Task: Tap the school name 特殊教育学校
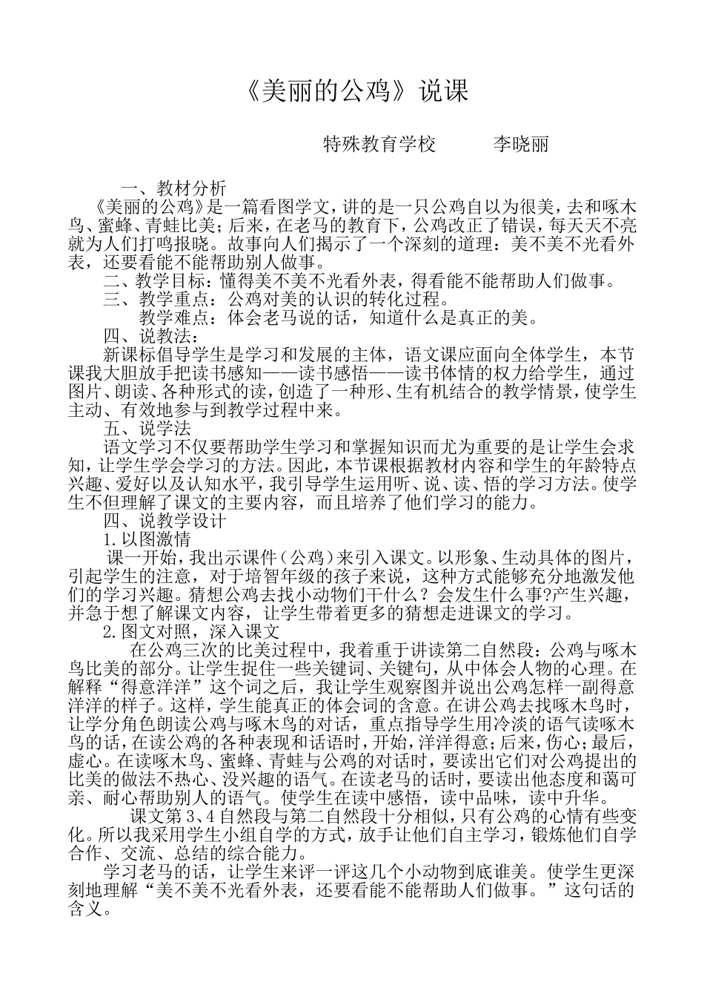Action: pos(379,144)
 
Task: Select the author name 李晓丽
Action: pos(521,144)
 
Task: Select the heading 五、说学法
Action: pos(147,429)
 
